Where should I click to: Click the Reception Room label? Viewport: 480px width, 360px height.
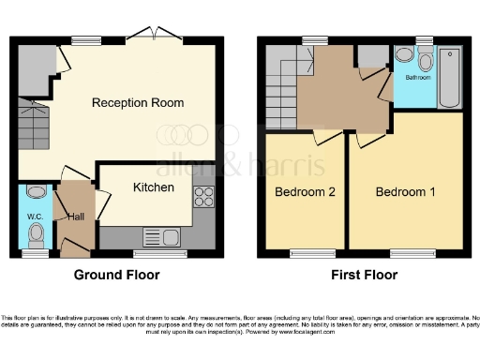137,102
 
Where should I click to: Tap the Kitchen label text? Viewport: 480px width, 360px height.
153,187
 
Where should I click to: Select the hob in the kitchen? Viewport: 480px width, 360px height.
202,197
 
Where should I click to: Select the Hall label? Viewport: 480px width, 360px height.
77,217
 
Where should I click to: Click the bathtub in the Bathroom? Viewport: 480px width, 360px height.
449,77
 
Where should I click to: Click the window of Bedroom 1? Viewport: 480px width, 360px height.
407,252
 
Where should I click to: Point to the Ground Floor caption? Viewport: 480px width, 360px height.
116,275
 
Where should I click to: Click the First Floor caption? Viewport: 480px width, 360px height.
364,275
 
